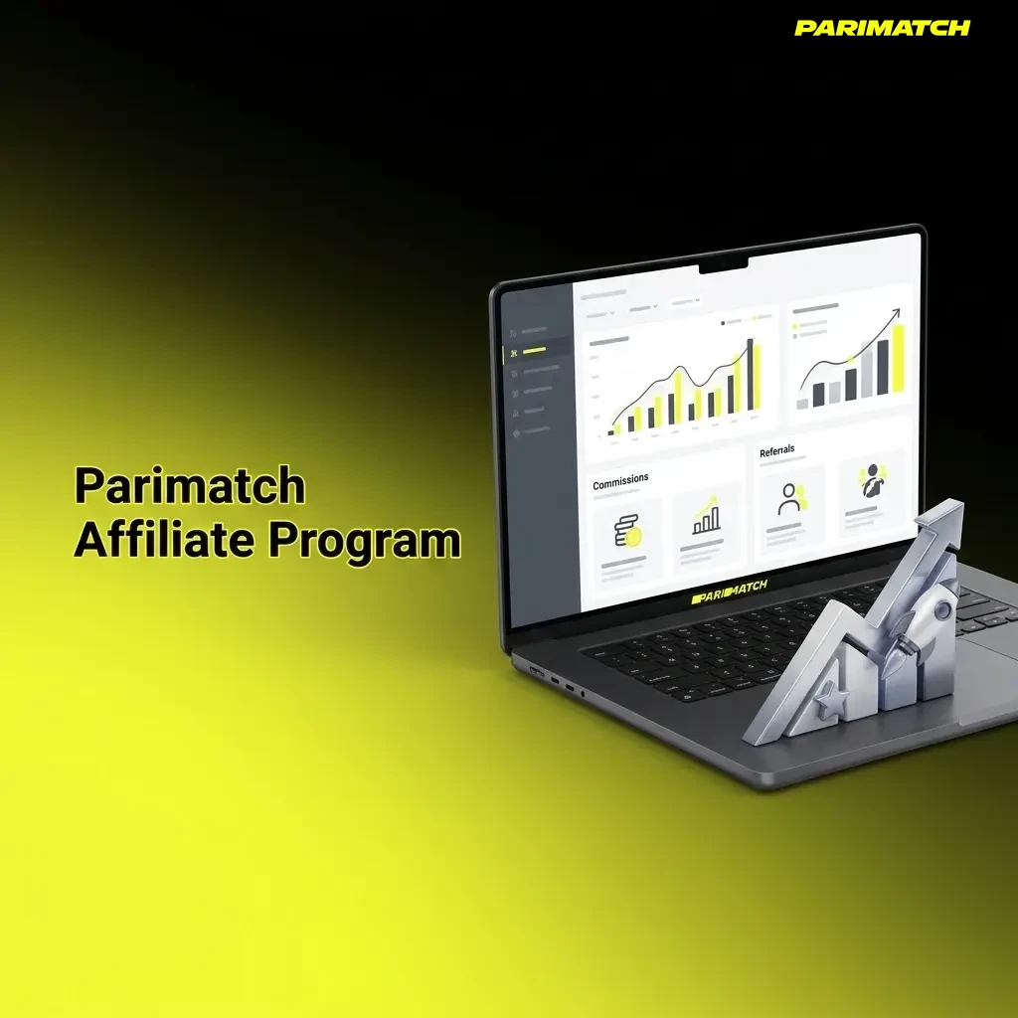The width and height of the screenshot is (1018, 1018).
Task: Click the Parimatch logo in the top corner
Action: tap(882, 28)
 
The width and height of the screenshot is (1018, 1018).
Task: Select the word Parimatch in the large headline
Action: tap(190, 486)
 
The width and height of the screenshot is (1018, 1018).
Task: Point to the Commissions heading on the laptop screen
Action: tap(620, 482)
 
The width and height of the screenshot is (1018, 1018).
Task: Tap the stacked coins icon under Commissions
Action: tap(626, 532)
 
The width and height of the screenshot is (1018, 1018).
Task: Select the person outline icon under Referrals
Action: tap(790, 498)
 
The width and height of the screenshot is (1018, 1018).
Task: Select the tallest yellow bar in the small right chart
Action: tap(898, 359)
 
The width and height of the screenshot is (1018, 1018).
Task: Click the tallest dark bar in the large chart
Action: tap(750, 375)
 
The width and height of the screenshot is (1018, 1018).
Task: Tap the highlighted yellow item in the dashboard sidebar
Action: tap(534, 351)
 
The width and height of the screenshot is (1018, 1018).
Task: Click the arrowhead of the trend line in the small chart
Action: tap(896, 313)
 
